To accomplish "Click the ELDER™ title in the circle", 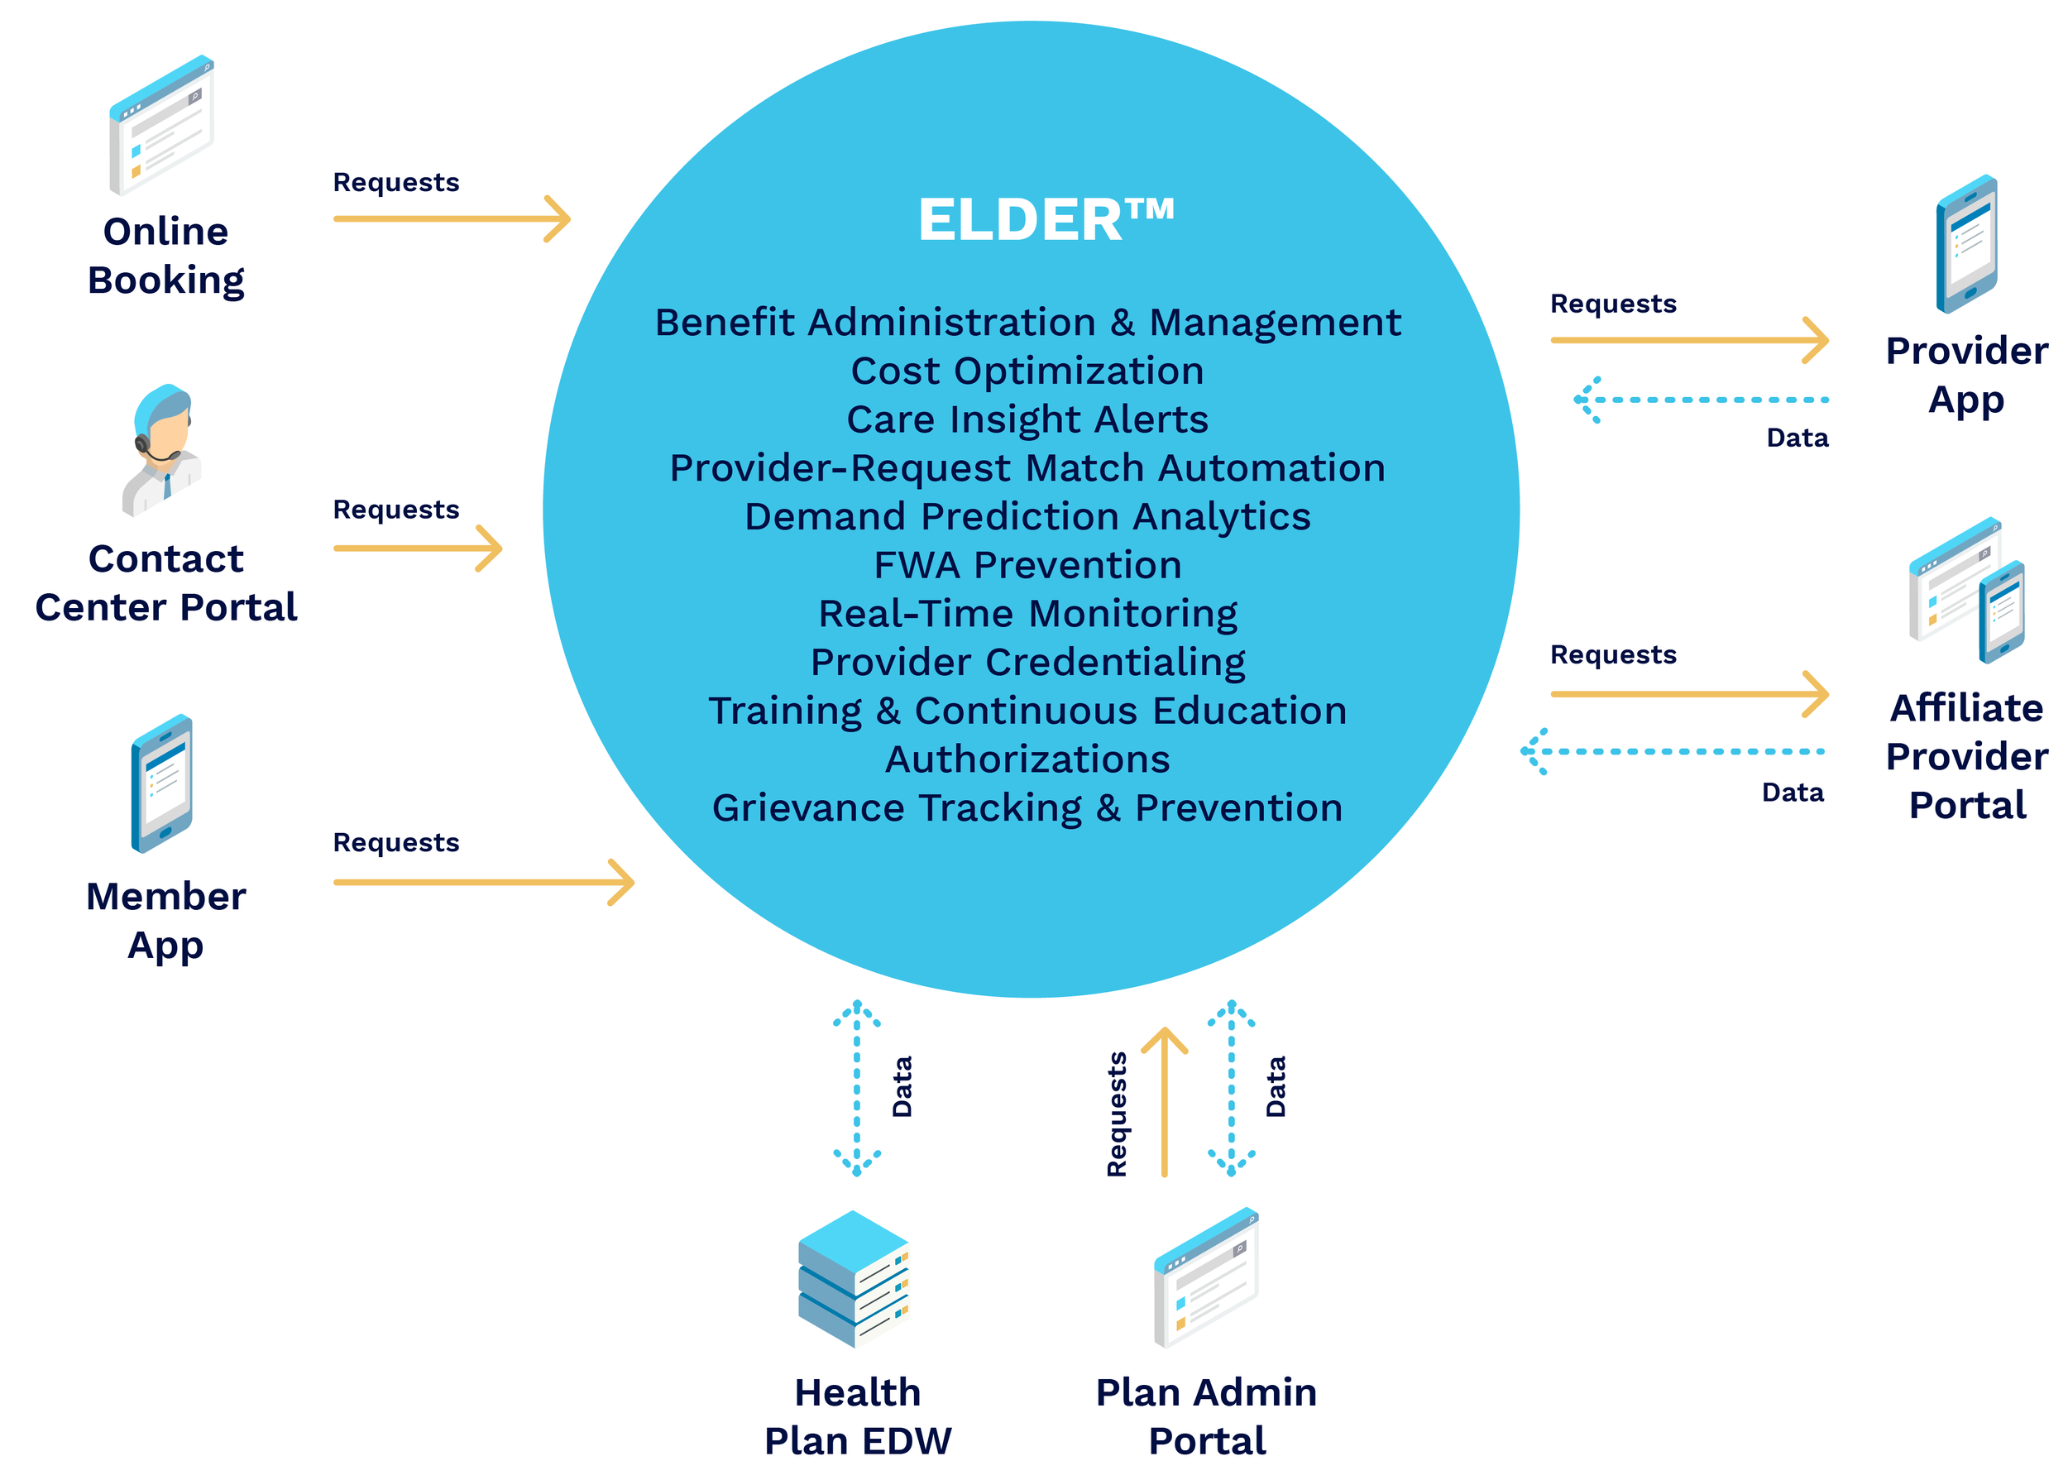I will coord(1045,220).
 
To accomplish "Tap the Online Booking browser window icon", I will coord(161,125).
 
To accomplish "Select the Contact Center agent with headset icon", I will coord(162,449).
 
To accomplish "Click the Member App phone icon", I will coord(162,783).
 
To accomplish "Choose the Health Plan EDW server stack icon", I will coord(853,1278).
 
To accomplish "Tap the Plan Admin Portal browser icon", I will coord(1206,1278).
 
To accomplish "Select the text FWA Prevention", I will coord(1027,566).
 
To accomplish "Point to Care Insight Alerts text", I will coord(1027,419).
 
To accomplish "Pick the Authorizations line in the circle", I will coord(1027,759).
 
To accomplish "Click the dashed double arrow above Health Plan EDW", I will coord(856,1087).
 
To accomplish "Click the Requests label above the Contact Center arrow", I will coord(396,510).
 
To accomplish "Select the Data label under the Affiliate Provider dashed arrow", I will coord(1793,793).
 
